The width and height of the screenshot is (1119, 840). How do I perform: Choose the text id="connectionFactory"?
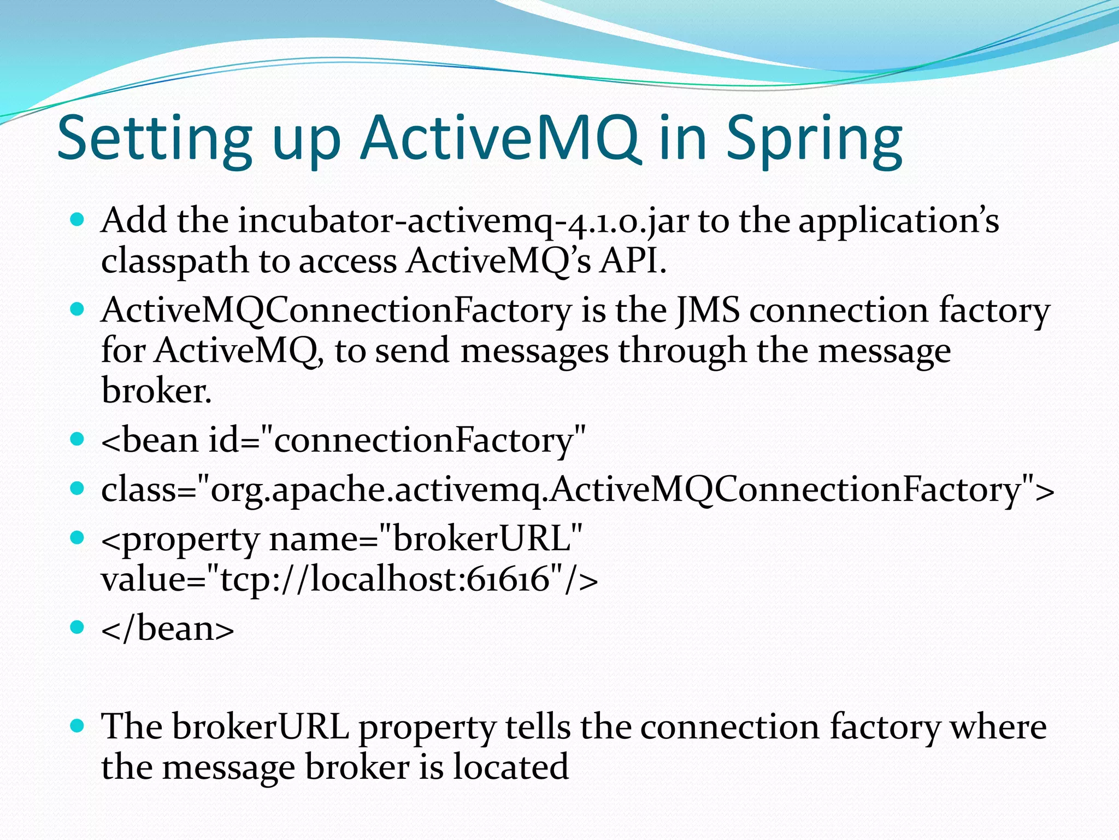(397, 440)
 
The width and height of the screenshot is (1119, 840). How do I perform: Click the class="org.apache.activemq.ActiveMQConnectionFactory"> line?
(577, 489)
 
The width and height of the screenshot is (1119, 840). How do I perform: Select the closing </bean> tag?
(167, 629)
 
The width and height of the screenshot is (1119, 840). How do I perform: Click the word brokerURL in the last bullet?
(260, 728)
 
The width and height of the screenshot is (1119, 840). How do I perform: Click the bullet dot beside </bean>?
(78, 627)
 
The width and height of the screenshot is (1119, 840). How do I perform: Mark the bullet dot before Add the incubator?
(78, 220)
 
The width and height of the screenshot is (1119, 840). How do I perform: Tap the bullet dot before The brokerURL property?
(78, 726)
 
